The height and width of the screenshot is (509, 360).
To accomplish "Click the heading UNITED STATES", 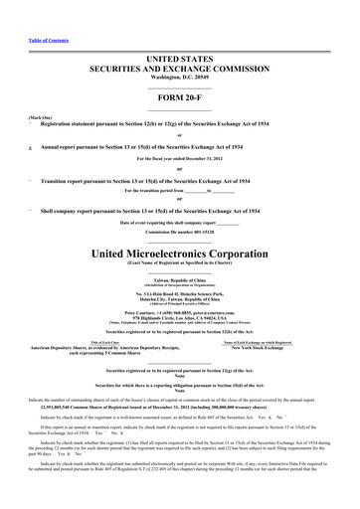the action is point(179,60).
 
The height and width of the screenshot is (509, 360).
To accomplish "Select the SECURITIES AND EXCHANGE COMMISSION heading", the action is point(179,70).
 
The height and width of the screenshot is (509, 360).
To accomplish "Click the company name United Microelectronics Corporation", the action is point(179,254).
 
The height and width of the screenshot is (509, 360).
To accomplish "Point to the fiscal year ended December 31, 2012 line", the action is point(179,158).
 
